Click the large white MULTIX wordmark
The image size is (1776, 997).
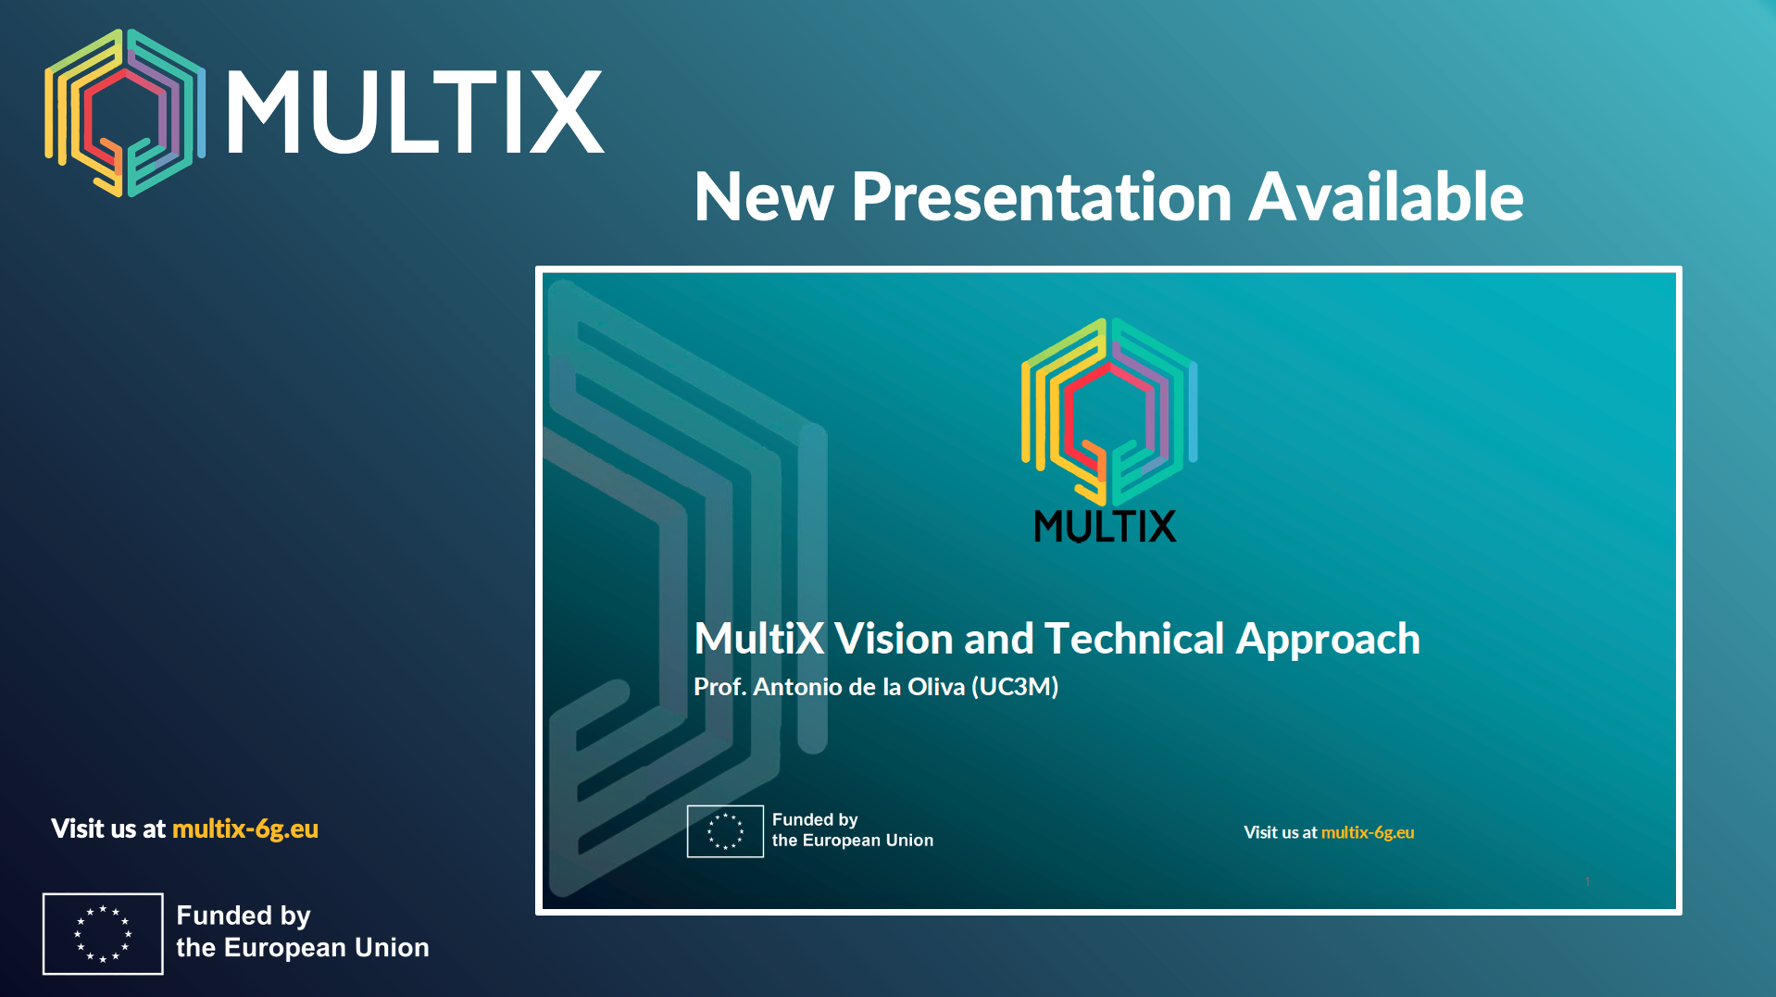pyautogui.click(x=415, y=112)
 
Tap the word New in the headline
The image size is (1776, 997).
pyautogui.click(x=764, y=197)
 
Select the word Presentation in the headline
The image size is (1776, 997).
pyautogui.click(x=1041, y=197)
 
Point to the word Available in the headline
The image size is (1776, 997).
pyautogui.click(x=1386, y=197)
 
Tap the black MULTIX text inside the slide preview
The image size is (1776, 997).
pyautogui.click(x=1105, y=526)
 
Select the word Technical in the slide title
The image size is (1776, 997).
pyautogui.click(x=1134, y=639)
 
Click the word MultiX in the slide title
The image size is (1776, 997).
pyautogui.click(x=759, y=639)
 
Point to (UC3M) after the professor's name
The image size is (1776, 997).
pyautogui.click(x=1015, y=687)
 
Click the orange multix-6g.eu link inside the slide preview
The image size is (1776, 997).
pyautogui.click(x=1368, y=832)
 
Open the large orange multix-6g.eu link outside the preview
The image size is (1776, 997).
pyautogui.click(x=245, y=829)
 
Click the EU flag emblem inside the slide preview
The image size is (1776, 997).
pyautogui.click(x=725, y=831)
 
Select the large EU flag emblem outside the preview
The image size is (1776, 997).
pyautogui.click(x=103, y=933)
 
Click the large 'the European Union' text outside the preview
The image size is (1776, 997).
pyautogui.click(x=303, y=948)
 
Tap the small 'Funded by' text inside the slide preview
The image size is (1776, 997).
pyautogui.click(x=815, y=820)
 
